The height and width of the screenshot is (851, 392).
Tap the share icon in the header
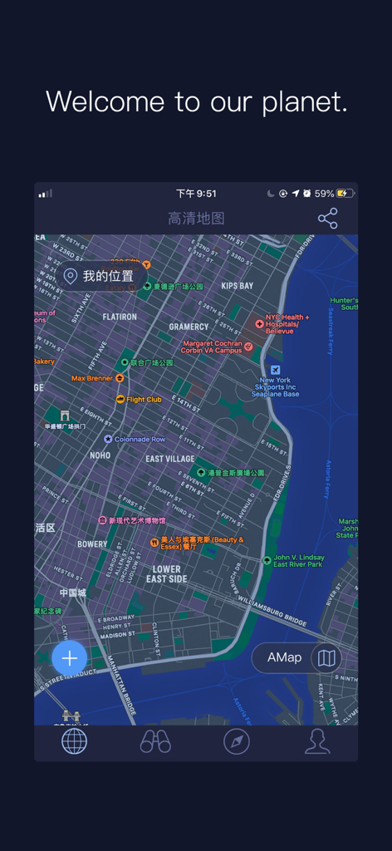tap(328, 219)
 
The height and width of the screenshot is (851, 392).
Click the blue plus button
tap(70, 658)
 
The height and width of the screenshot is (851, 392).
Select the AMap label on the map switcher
tap(284, 657)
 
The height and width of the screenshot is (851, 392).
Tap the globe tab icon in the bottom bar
tap(74, 740)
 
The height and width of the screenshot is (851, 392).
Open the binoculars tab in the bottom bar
tap(155, 740)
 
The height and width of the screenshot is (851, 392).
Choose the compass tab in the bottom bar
tap(237, 740)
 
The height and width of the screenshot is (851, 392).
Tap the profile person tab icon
tap(317, 740)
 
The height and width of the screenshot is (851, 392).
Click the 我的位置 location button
tap(100, 276)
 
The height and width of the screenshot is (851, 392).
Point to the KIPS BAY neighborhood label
tap(238, 286)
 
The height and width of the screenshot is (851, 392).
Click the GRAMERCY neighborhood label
tap(189, 327)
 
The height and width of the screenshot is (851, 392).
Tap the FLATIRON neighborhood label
tap(120, 317)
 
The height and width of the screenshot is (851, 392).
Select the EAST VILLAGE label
tap(170, 459)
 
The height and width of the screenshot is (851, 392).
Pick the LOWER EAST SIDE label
tap(167, 574)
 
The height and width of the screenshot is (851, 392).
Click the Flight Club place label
tap(144, 400)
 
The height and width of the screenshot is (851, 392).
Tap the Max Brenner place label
tap(92, 378)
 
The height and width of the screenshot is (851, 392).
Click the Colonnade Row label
tap(140, 439)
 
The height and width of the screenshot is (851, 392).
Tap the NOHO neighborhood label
tap(100, 455)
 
